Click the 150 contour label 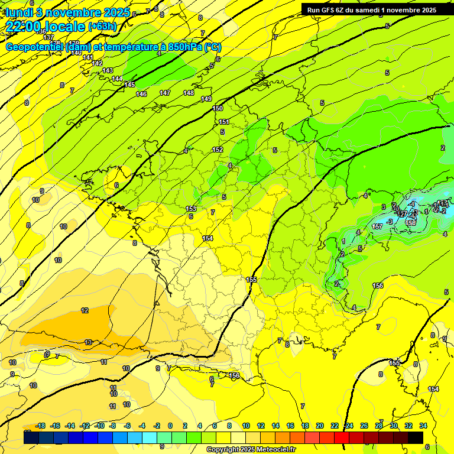(218, 108)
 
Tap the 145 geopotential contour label (129, 85)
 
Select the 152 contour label (218, 150)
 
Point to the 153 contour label (191, 209)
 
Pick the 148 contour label (189, 93)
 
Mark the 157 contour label (377, 226)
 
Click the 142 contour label (98, 63)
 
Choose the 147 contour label (165, 93)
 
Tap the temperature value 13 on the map (88, 342)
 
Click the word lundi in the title (22, 12)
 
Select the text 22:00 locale (46, 27)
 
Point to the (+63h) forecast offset (102, 27)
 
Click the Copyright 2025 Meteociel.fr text (250, 450)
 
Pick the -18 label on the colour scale (41, 426)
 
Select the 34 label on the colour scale (423, 426)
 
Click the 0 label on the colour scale (170, 426)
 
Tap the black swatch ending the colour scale (416, 437)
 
